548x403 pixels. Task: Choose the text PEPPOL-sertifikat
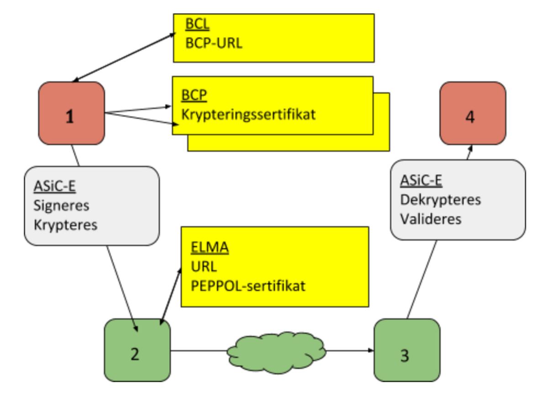(x=248, y=286)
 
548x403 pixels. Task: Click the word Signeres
(x=61, y=206)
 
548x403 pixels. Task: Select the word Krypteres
(x=65, y=225)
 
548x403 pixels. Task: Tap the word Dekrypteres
(x=440, y=200)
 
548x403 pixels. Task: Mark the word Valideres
(x=431, y=218)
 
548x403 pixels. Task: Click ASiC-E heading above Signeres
(x=55, y=187)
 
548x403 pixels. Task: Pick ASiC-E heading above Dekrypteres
(x=421, y=181)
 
